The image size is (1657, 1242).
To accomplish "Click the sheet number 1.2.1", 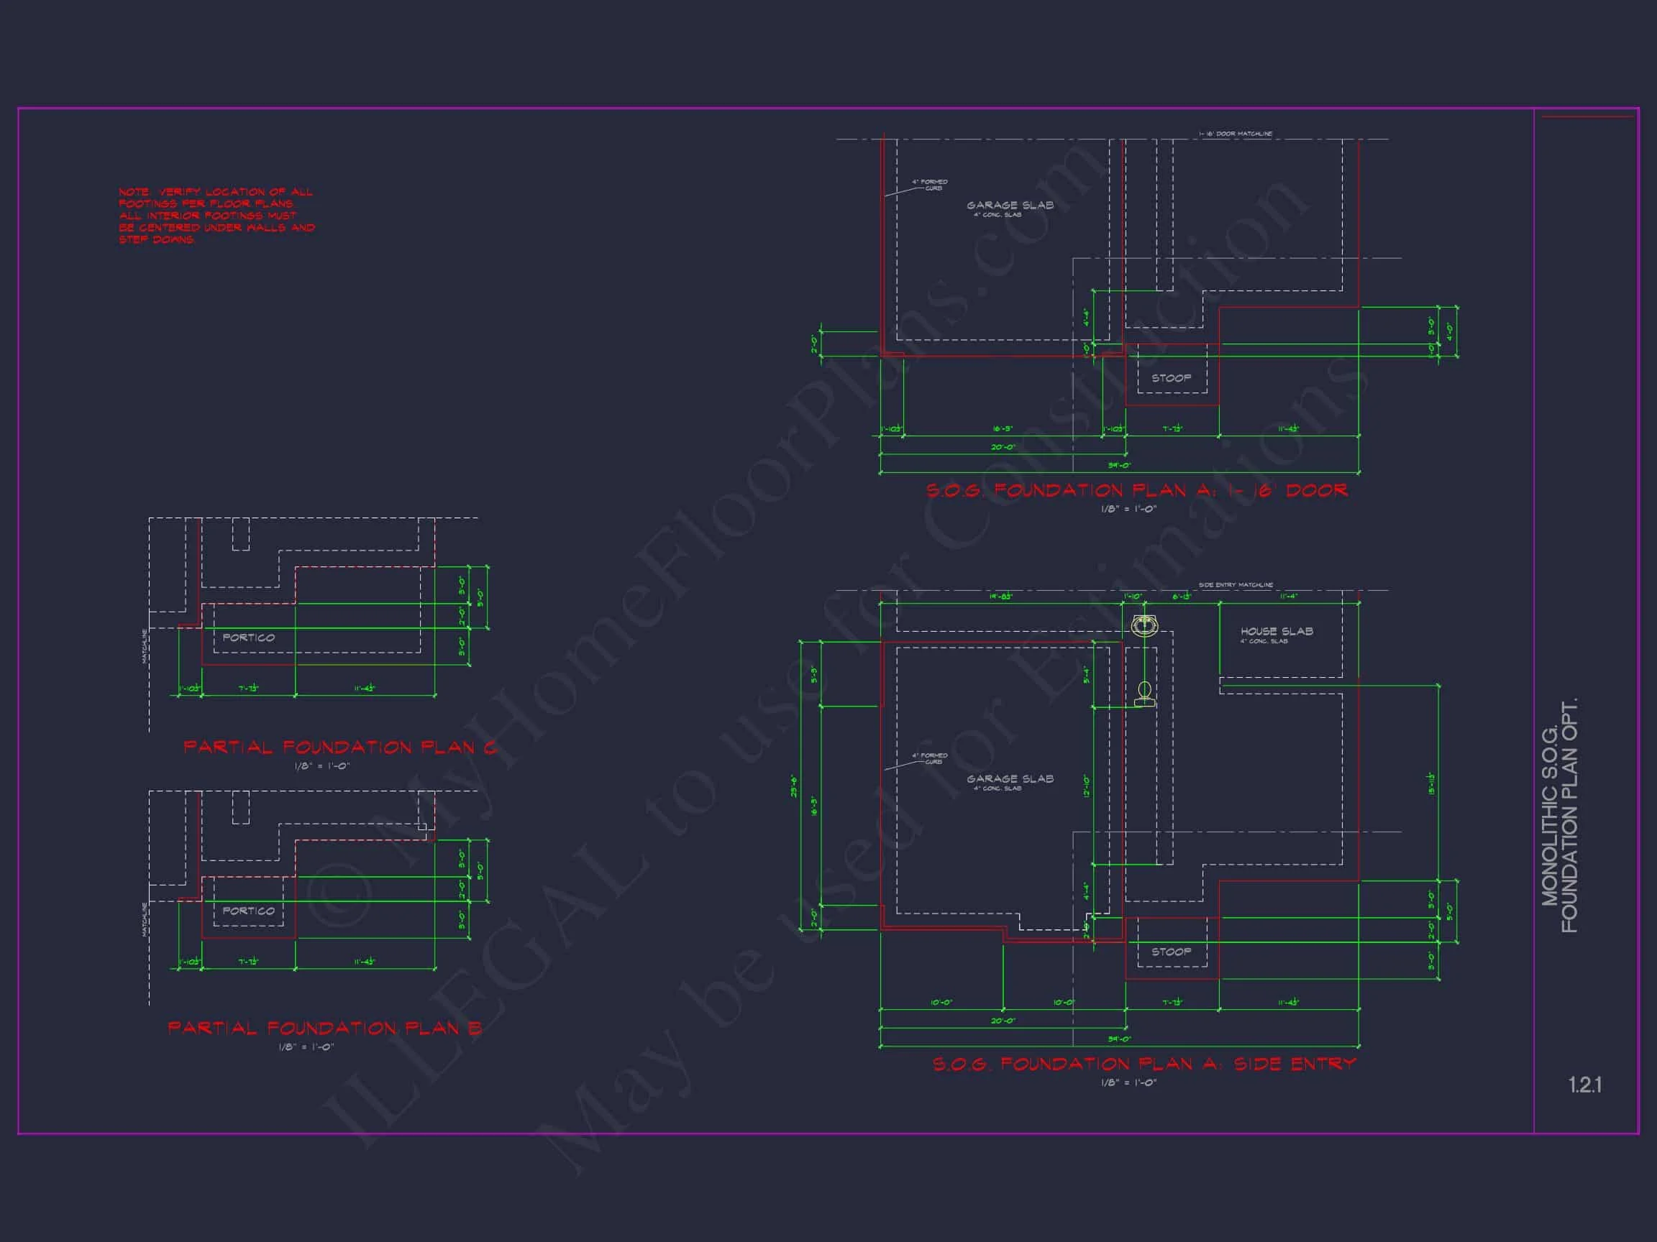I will pyautogui.click(x=1584, y=1085).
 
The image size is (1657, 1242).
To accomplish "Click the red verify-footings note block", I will pyautogui.click(x=216, y=216).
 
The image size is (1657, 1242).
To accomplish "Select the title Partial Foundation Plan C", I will pyautogui.click(x=340, y=747).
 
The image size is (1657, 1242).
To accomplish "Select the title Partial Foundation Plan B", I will pyautogui.click(x=324, y=1028).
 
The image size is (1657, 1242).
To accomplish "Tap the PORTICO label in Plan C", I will pyautogui.click(x=249, y=638).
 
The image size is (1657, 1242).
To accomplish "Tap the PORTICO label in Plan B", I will pyautogui.click(x=249, y=911).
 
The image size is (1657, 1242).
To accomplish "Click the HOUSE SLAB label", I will pyautogui.click(x=1277, y=631).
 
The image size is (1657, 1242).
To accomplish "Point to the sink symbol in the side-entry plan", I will pyautogui.click(x=1144, y=626).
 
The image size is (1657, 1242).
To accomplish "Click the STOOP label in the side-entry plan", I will pyautogui.click(x=1171, y=952).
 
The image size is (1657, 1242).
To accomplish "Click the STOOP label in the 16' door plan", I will pyautogui.click(x=1171, y=378).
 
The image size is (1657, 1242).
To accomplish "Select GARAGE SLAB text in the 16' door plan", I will pyautogui.click(x=1010, y=205).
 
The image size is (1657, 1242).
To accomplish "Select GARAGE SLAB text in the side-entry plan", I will pyautogui.click(x=1010, y=778).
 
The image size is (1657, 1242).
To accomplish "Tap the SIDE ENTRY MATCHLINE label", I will pyautogui.click(x=1236, y=584).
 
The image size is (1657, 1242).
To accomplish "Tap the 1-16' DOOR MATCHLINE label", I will pyautogui.click(x=1236, y=134).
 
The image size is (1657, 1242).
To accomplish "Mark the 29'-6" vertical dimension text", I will pyautogui.click(x=794, y=786).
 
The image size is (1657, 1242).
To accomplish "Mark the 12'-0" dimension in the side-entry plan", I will pyautogui.click(x=1086, y=786).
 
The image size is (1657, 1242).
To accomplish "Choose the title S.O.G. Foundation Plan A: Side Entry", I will pyautogui.click(x=1144, y=1064).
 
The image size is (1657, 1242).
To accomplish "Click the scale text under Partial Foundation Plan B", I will pyautogui.click(x=306, y=1046).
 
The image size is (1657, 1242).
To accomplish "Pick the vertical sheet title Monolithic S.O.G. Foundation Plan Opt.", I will pyautogui.click(x=1559, y=815).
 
